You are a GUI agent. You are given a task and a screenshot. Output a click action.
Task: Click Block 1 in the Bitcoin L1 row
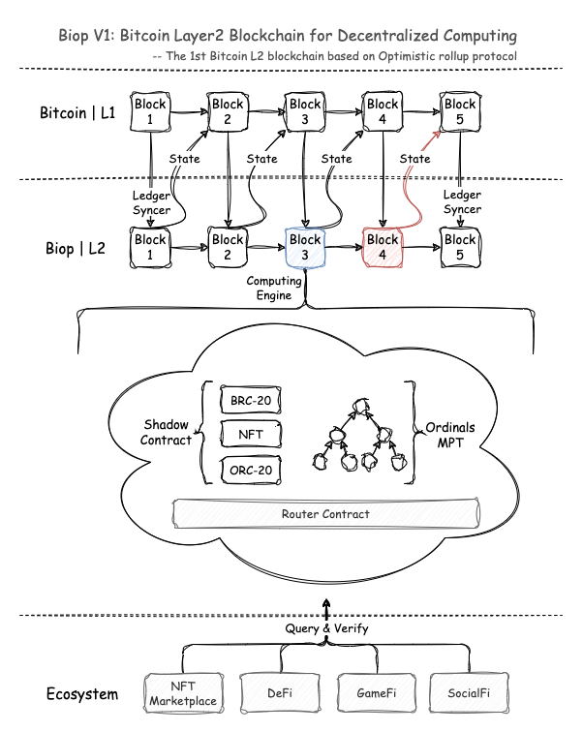pyautogui.click(x=150, y=112)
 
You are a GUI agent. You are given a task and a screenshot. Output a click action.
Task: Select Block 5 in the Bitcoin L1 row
pyautogui.click(x=460, y=112)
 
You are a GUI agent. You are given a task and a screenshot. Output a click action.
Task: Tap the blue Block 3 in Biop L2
pyautogui.click(x=305, y=248)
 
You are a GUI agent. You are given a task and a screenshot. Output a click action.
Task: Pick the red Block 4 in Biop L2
pyautogui.click(x=383, y=248)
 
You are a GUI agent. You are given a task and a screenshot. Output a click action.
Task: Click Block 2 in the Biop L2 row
pyautogui.click(x=228, y=248)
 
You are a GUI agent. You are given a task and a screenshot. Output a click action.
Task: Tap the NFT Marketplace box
pyautogui.click(x=180, y=693)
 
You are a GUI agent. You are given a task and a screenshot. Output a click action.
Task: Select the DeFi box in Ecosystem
pyautogui.click(x=278, y=693)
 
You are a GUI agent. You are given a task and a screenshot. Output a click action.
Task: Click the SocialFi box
pyautogui.click(x=471, y=693)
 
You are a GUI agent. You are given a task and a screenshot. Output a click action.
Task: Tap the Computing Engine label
pyautogui.click(x=275, y=288)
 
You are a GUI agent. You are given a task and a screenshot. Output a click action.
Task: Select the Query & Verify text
pyautogui.click(x=325, y=628)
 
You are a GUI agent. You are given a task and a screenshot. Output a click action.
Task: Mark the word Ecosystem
pyautogui.click(x=82, y=694)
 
